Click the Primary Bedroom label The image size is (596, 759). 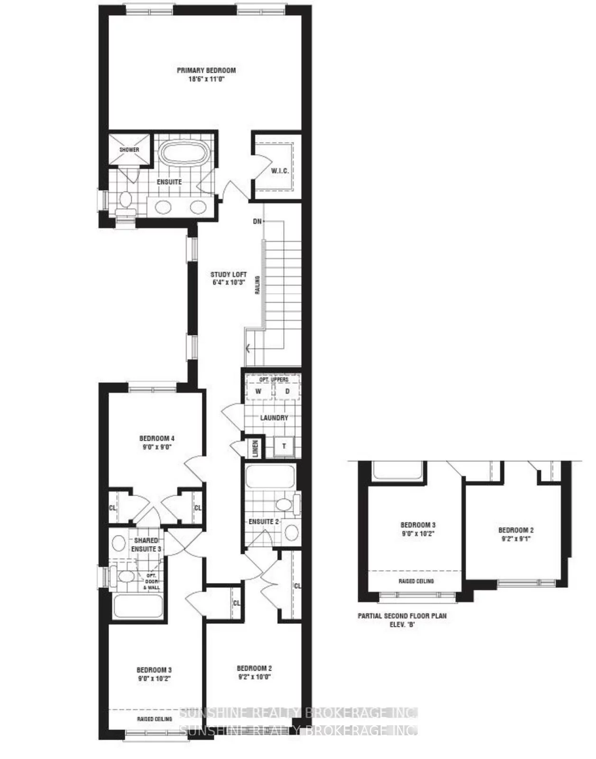pyautogui.click(x=206, y=70)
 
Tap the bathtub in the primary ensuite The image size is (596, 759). pyautogui.click(x=183, y=153)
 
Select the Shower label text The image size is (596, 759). pyautogui.click(x=129, y=150)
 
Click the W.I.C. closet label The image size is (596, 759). pyautogui.click(x=280, y=171)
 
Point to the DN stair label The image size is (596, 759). pyautogui.click(x=257, y=222)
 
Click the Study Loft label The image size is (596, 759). pyautogui.click(x=229, y=275)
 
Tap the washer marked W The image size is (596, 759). pyautogui.click(x=258, y=392)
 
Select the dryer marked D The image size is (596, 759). pyautogui.click(x=287, y=392)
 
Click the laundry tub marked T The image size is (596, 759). pyautogui.click(x=284, y=446)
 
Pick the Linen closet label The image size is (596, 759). pyautogui.click(x=255, y=448)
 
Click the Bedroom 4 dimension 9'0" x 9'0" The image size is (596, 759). pyautogui.click(x=156, y=447)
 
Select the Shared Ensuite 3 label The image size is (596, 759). pyautogui.click(x=146, y=545)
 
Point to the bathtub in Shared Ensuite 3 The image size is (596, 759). pyautogui.click(x=138, y=606)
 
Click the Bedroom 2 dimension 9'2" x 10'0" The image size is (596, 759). pyautogui.click(x=254, y=677)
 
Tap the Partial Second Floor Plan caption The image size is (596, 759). pyautogui.click(x=402, y=616)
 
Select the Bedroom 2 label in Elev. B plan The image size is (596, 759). pyautogui.click(x=516, y=530)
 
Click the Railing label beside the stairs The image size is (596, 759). pyautogui.click(x=257, y=285)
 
